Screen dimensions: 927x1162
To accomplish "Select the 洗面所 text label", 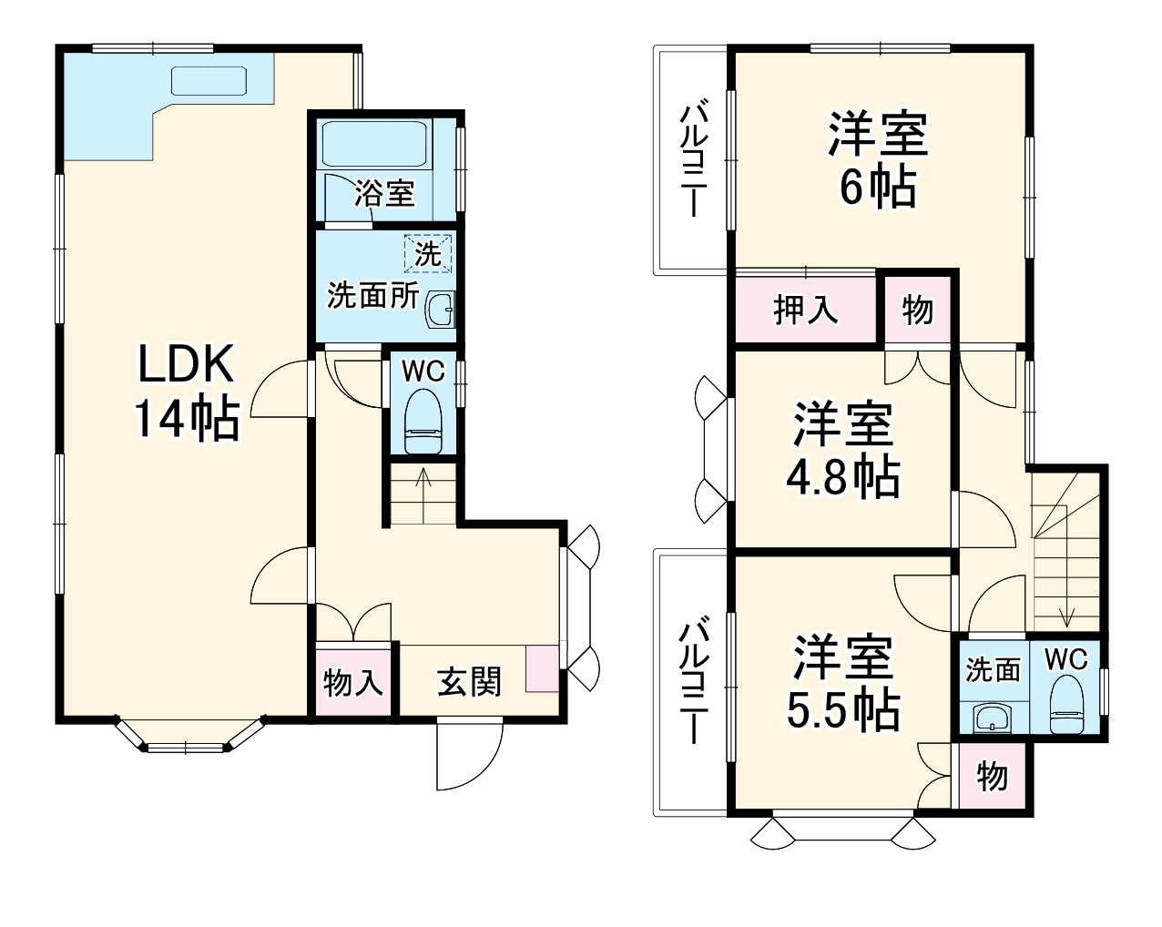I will [373, 295].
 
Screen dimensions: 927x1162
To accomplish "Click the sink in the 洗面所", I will [442, 310].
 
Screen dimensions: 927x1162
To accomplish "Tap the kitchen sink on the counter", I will [209, 80].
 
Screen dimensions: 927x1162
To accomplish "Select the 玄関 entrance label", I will [469, 681].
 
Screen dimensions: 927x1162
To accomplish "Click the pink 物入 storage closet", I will [353, 682].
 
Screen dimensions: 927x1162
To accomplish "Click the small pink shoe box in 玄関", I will [544, 669].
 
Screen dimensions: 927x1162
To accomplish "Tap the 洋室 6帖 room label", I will [877, 160].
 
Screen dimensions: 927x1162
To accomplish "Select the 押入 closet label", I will [805, 311].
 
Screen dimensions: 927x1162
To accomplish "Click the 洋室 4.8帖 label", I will [842, 450].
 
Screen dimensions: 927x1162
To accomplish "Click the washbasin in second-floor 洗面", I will [989, 718].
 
